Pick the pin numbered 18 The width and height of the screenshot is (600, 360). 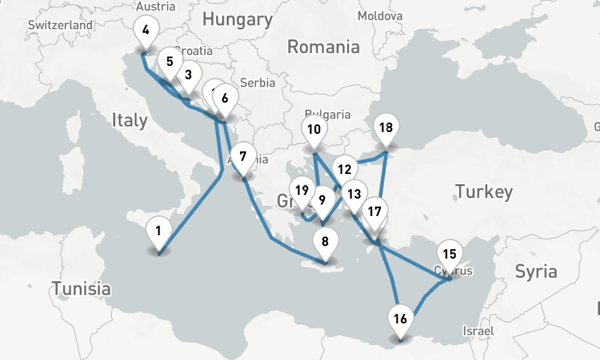click(x=386, y=128)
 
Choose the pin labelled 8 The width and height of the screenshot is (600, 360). click(x=325, y=242)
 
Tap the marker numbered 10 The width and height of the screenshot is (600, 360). click(x=314, y=130)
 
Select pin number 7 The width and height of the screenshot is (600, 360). click(x=243, y=158)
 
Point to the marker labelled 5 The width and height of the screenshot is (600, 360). click(x=170, y=62)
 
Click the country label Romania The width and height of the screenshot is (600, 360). click(x=323, y=46)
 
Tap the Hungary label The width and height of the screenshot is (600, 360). click(x=237, y=19)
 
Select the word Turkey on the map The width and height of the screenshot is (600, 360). click(x=484, y=192)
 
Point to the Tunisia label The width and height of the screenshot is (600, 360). click(x=81, y=289)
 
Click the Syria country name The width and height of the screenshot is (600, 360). click(x=536, y=271)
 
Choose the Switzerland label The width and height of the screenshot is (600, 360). click(x=60, y=25)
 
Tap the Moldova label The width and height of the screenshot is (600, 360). click(x=380, y=16)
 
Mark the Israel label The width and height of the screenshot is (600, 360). click(x=478, y=331)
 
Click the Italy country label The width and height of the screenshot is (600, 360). click(x=129, y=120)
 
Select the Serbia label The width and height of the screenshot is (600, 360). click(x=257, y=83)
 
